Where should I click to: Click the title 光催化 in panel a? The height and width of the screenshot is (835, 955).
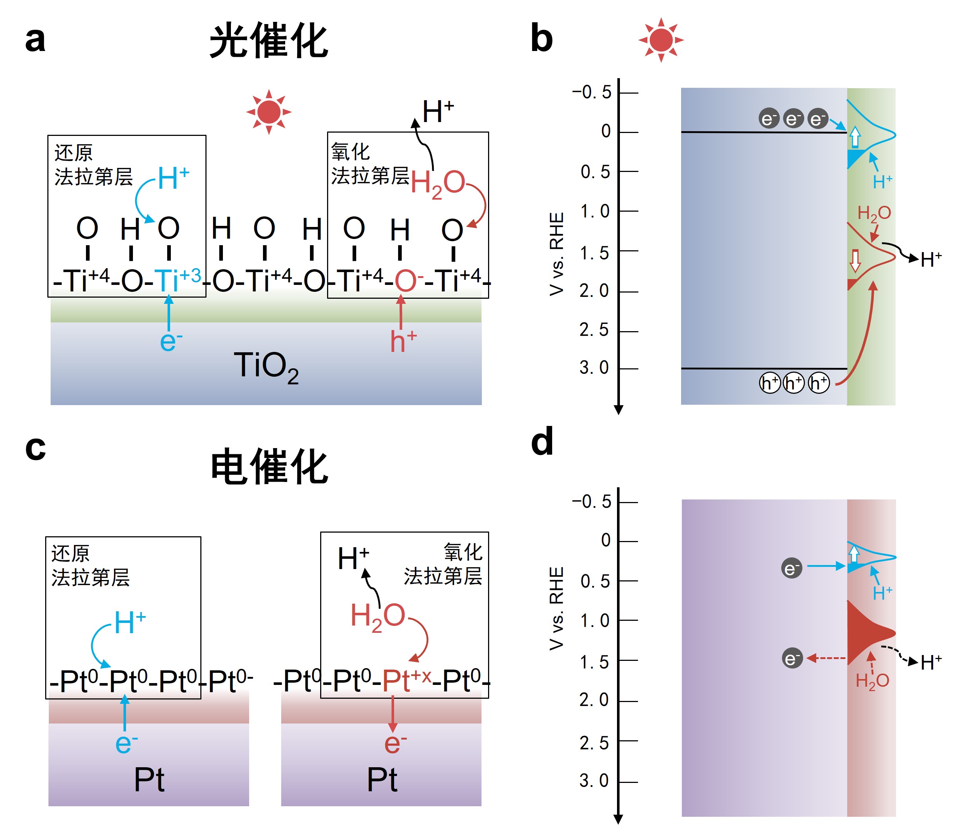click(269, 41)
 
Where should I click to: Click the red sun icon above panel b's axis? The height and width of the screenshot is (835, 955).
click(661, 40)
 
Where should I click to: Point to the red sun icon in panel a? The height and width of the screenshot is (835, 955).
click(269, 112)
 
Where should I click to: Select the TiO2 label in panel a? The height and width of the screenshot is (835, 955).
click(266, 367)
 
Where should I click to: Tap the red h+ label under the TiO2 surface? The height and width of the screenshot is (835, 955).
click(402, 341)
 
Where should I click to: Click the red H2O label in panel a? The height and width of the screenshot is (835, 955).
click(437, 183)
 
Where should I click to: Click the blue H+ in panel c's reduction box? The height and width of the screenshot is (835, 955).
click(130, 623)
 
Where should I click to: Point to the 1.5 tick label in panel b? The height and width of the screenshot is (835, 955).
click(594, 253)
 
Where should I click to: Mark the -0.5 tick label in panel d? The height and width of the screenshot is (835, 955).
click(592, 502)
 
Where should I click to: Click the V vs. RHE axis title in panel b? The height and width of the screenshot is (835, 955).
click(557, 254)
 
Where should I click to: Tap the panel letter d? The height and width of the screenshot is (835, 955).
click(542, 441)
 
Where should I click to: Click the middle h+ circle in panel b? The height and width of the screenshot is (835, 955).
click(794, 383)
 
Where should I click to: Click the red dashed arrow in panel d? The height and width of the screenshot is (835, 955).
click(826, 658)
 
